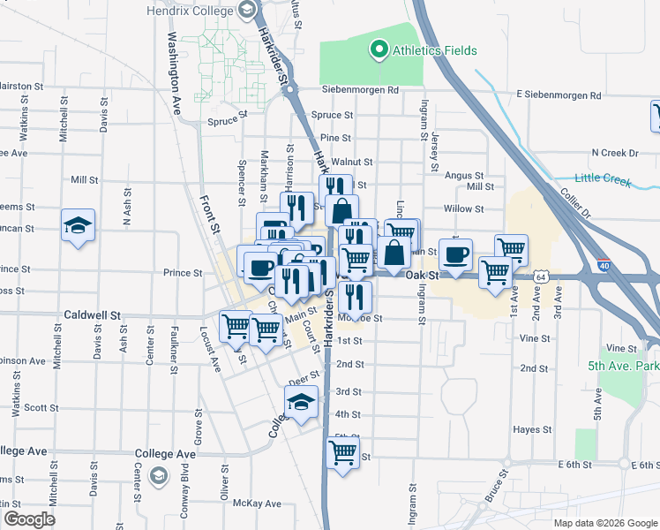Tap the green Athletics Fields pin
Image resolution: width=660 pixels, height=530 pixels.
tap(380, 50)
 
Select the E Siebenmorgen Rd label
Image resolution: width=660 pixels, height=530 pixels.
tap(559, 95)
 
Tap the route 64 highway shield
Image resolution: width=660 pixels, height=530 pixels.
tap(540, 276)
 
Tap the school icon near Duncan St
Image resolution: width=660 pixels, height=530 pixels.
tap(78, 226)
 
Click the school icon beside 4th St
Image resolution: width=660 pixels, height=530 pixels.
tap(301, 404)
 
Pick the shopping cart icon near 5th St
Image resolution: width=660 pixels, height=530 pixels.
tap(342, 453)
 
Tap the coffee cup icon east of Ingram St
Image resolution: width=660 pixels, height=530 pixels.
tap(455, 255)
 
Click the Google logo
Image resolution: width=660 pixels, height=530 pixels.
tap(29, 519)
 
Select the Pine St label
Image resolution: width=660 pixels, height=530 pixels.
tap(335, 138)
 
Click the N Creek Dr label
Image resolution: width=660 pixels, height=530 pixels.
tap(615, 153)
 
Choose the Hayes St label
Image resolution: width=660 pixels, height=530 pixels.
tap(531, 429)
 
